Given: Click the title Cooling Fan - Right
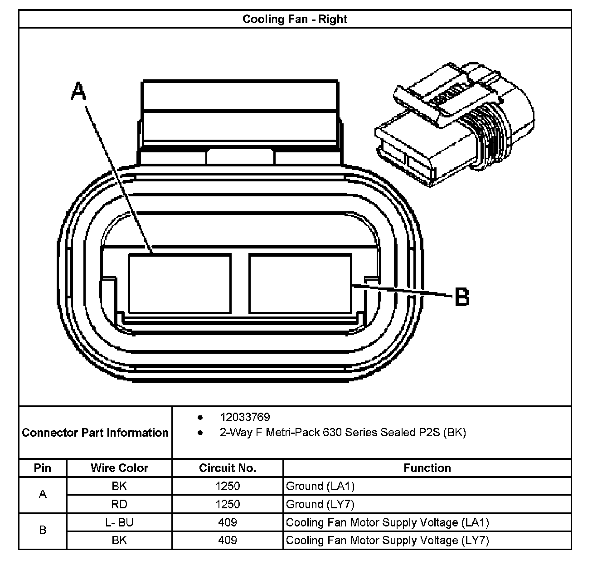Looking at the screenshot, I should click(295, 19).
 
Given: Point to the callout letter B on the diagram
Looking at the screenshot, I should click(461, 297).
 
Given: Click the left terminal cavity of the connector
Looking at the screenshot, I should click(180, 283).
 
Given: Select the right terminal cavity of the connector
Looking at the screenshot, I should click(300, 283).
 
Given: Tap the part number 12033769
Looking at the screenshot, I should click(245, 417).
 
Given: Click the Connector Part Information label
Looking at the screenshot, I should click(95, 433).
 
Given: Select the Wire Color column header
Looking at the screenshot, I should click(119, 468).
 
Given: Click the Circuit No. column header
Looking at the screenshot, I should click(228, 468).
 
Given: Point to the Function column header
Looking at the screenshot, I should click(427, 468).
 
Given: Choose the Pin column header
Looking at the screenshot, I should click(43, 468).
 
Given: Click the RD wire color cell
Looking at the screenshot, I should click(119, 504).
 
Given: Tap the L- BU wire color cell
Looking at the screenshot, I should click(119, 522).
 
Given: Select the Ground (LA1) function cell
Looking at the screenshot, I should click(320, 487).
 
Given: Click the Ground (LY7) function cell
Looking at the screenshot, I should click(320, 504).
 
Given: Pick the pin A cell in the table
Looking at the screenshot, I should click(43, 494).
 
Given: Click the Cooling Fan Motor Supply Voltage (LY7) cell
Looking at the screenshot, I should click(388, 541).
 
